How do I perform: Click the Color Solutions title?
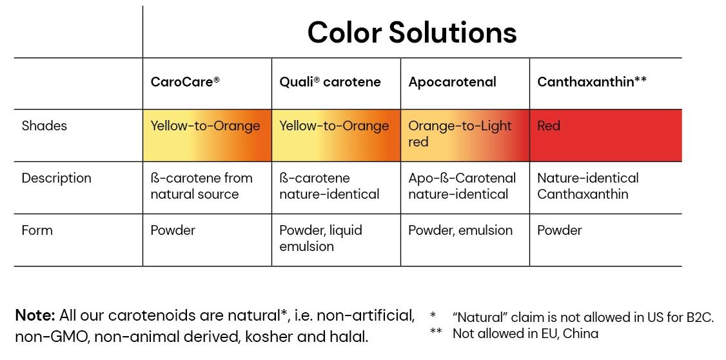coord(411,32)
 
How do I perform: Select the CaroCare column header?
coord(185,82)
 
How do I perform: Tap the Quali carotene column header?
coord(330,82)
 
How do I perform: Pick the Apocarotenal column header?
coord(452,82)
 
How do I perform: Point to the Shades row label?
coord(44,126)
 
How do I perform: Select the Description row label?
coord(56,178)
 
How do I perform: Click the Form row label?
coord(37,230)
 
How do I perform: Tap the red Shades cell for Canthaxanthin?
coord(605,135)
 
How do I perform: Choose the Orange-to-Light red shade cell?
coord(465,135)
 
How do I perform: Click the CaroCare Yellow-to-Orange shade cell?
coord(207,135)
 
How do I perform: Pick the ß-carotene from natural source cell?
coord(201,186)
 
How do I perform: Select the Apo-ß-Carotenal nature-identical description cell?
coord(462,186)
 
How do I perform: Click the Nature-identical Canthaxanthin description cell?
coord(587,186)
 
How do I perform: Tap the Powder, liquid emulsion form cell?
coord(320,238)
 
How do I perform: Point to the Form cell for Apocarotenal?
coord(460,230)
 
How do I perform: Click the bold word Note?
coord(35,315)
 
